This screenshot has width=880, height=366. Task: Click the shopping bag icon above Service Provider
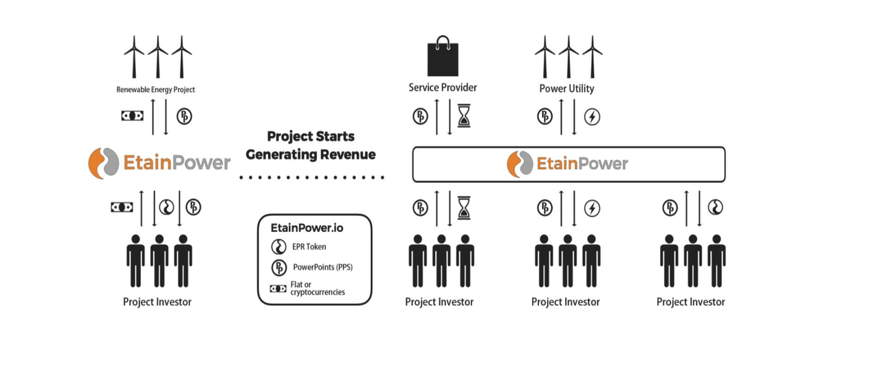point(443,58)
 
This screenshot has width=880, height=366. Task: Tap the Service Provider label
point(443,88)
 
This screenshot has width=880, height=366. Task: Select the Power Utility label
point(568,89)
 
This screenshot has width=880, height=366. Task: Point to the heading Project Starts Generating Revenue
point(311,145)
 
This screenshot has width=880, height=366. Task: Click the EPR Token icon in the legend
point(279,247)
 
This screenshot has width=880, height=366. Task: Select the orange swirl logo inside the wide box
point(520,164)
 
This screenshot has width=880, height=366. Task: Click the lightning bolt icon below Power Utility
point(591,117)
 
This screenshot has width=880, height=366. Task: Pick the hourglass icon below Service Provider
point(466,117)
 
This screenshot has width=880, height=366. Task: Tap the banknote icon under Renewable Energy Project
point(132,116)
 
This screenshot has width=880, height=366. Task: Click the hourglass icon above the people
point(466,207)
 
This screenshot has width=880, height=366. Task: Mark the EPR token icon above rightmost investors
point(716,207)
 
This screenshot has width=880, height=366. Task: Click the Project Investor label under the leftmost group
point(157,301)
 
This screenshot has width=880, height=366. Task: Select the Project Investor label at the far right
point(691,302)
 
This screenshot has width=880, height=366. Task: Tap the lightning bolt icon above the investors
point(591,207)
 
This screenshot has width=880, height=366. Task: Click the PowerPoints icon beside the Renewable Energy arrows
point(184,116)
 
